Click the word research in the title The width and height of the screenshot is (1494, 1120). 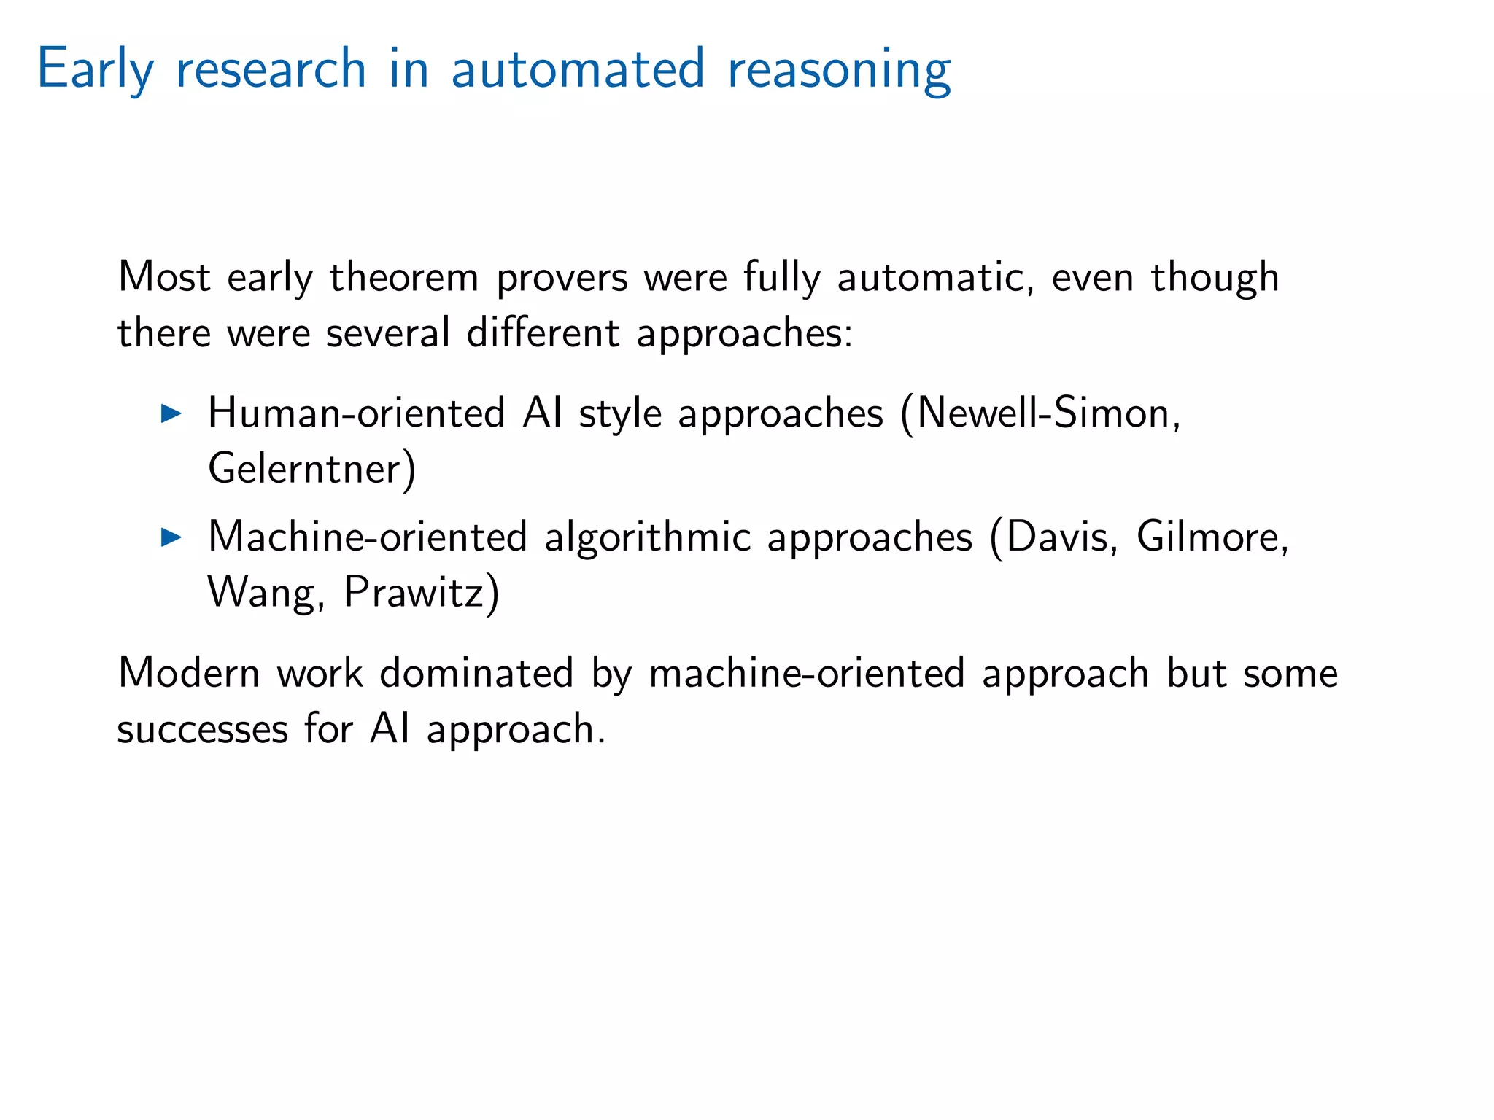pyautogui.click(x=271, y=69)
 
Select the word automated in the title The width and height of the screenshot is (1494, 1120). pyautogui.click(x=578, y=69)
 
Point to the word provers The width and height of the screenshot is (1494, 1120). pyautogui.click(x=562, y=279)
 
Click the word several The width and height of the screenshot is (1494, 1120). pyautogui.click(x=387, y=333)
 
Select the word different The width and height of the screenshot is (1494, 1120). pyautogui.click(x=543, y=333)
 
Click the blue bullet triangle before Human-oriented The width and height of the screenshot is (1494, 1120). pyautogui.click(x=171, y=413)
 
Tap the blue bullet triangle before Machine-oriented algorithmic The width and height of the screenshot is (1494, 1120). pyautogui.click(x=171, y=538)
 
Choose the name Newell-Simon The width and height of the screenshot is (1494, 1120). pyautogui.click(x=1044, y=413)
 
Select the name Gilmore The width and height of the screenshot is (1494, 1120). pyautogui.click(x=1208, y=537)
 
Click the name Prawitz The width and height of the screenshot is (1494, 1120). pyautogui.click(x=414, y=592)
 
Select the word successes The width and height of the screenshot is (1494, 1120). pyautogui.click(x=202, y=729)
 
